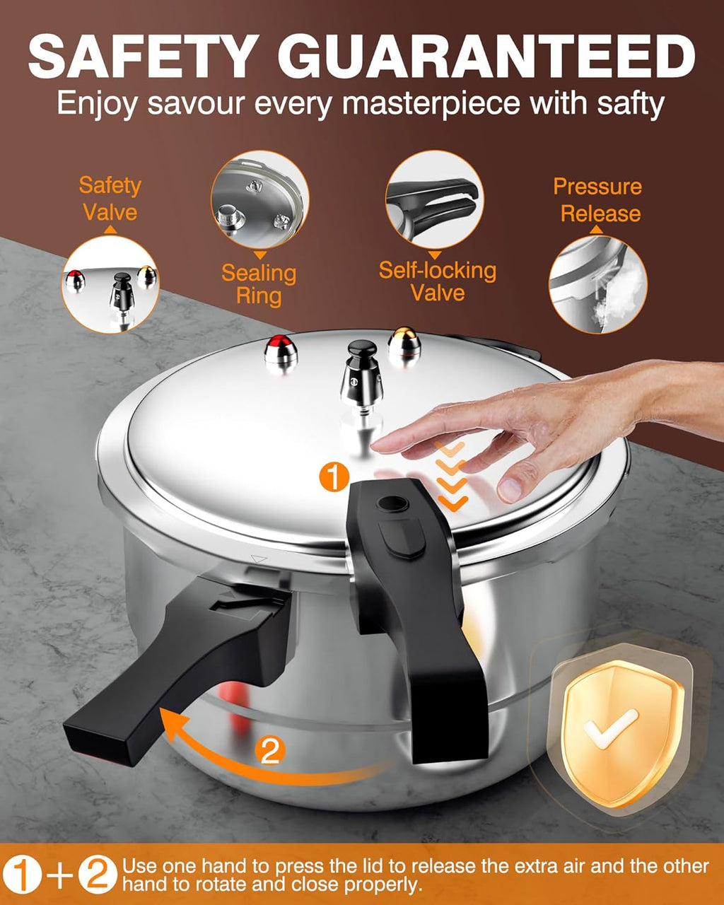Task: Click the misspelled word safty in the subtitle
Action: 627,104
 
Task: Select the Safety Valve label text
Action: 110,199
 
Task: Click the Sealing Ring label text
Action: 259,284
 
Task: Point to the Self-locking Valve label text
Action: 437,281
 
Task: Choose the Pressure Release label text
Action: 598,200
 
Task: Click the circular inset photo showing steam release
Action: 598,285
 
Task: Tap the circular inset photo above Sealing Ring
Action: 259,199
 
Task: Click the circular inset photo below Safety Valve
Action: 110,285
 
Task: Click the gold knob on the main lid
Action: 404,344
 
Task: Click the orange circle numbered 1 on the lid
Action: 334,477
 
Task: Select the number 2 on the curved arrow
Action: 270,752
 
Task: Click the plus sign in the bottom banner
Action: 60,875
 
